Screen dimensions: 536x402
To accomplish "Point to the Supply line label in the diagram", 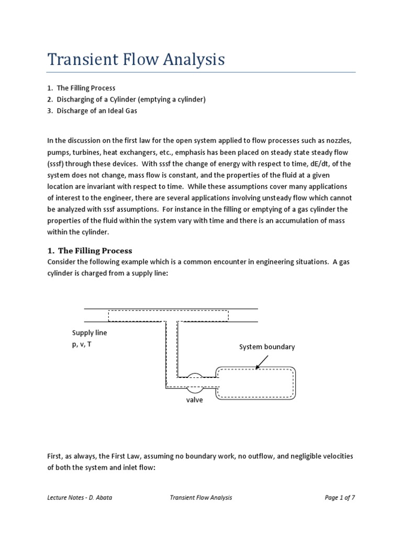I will click(x=90, y=333).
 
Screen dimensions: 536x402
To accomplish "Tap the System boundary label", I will click(x=267, y=347).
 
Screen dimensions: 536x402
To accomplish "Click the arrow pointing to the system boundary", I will click(x=262, y=362).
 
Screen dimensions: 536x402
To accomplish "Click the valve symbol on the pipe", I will click(x=195, y=382).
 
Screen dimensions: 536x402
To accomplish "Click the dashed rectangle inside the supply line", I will click(x=168, y=316).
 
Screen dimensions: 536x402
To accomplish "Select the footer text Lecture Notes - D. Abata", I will click(x=79, y=498).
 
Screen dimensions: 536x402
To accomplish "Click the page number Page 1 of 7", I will click(x=340, y=498).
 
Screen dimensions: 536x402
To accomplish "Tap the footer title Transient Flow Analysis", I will click(x=201, y=498).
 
